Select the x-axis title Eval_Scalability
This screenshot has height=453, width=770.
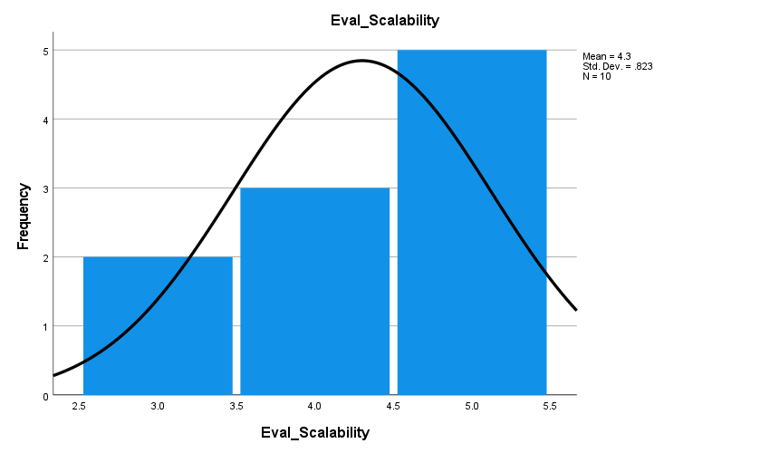(x=314, y=433)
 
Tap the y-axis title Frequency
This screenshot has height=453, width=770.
(x=24, y=217)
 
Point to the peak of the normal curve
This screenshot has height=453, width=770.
(x=361, y=61)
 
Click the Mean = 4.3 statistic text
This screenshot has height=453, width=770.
(x=607, y=56)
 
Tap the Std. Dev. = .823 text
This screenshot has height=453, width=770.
(x=617, y=66)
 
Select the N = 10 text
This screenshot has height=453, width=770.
(x=596, y=76)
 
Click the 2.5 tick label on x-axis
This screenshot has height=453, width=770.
(x=79, y=407)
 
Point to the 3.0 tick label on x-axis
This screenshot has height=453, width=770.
(x=158, y=407)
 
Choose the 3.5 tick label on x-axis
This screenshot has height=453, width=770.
(x=236, y=407)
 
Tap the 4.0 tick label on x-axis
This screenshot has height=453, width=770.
(x=314, y=407)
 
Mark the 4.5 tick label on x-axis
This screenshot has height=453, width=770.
(x=393, y=407)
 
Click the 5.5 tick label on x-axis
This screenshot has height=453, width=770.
(x=550, y=407)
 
